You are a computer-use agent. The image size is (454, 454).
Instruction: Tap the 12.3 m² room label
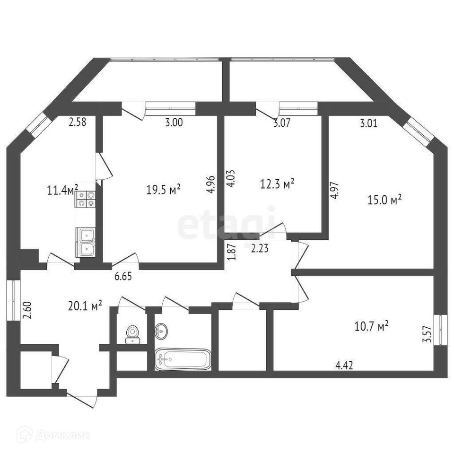coord(278,183)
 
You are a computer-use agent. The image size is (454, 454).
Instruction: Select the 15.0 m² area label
coord(384,200)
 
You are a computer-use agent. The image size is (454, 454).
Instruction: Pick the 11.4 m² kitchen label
coord(63,191)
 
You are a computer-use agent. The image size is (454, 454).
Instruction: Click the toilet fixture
coord(133,333)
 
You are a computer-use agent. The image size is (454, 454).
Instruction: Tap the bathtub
coord(183,359)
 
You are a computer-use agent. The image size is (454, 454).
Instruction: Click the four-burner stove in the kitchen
coord(85,199)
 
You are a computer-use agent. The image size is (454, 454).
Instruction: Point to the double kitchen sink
coord(86,242)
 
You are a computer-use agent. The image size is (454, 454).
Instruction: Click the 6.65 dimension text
coord(123,276)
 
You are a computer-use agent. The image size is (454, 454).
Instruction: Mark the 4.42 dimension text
coord(344,365)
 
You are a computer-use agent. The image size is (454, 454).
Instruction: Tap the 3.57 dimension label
coord(428,334)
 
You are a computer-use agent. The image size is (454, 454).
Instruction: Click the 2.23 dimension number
coord(260,249)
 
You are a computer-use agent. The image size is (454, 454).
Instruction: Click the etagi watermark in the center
coord(227,224)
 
